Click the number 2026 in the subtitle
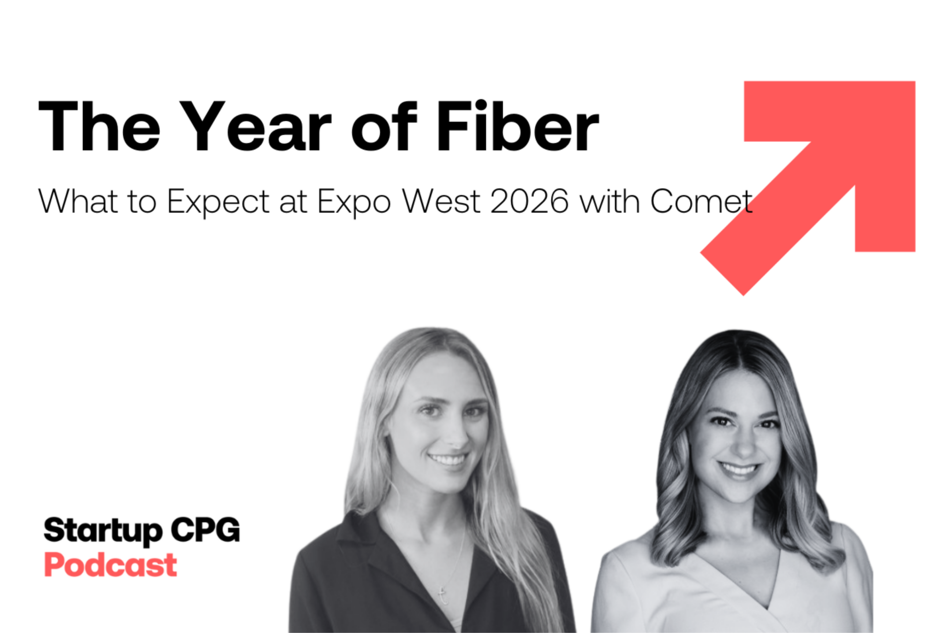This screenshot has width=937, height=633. (529, 200)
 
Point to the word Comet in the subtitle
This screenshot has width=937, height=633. (701, 200)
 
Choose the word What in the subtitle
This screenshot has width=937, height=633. (78, 200)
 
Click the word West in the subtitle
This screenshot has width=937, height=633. (441, 200)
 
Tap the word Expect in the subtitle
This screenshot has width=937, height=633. (218, 203)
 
